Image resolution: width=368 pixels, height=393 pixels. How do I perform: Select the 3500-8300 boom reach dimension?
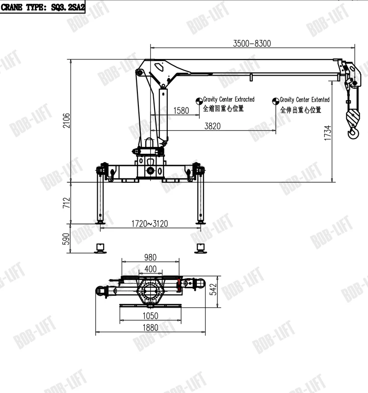[x=252, y=43]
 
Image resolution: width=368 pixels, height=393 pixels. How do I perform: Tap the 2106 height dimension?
[x=66, y=120]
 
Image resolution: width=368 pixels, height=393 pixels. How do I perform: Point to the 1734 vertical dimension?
[x=327, y=133]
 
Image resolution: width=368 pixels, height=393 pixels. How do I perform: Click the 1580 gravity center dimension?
[x=181, y=111]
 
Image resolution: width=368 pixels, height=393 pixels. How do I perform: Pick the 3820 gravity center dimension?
[x=212, y=126]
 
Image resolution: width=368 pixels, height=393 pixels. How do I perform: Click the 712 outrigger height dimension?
[x=66, y=202]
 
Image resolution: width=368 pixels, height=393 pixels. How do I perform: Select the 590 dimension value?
[x=66, y=239]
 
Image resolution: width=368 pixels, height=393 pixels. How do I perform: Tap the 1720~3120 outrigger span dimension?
[x=150, y=224]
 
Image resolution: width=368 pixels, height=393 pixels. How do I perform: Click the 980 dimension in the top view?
[x=150, y=257]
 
